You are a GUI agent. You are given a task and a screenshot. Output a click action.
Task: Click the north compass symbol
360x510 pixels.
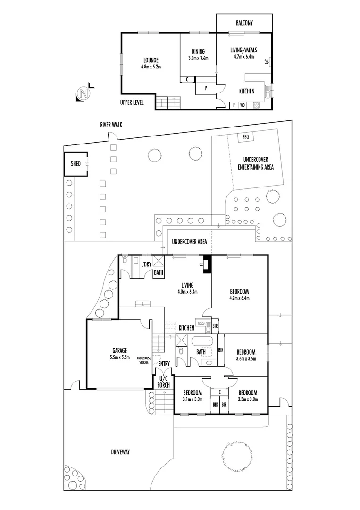tap(84, 93)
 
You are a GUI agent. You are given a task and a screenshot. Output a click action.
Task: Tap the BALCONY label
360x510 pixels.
tap(244, 23)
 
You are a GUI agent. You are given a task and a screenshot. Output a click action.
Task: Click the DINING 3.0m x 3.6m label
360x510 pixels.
tap(198, 55)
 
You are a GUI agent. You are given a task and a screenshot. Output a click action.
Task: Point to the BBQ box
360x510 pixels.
tap(245, 136)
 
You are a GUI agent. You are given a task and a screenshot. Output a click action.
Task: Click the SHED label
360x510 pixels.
tap(75, 164)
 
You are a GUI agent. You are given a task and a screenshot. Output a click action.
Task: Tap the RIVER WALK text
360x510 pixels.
tap(111, 125)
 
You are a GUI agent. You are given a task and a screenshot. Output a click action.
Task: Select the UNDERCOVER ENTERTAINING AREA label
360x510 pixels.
tap(256, 163)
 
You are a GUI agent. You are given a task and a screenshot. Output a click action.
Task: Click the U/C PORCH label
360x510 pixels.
tap(163, 382)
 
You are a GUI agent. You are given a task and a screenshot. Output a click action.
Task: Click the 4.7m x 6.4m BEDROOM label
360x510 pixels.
tap(239, 295)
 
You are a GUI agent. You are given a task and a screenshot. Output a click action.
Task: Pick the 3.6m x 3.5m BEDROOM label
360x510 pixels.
tap(246, 355)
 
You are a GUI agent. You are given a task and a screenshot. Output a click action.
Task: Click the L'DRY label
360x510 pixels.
tap(145, 264)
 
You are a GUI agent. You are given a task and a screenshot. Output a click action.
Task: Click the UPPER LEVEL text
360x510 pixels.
tap(132, 102)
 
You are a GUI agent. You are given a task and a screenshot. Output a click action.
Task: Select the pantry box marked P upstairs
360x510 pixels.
tap(205, 88)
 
